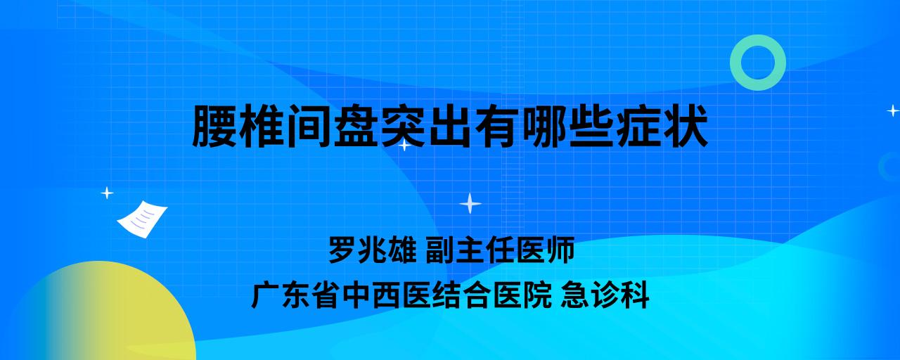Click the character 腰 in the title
pos(215,126)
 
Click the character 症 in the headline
pos(640,126)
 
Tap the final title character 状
pos(686,126)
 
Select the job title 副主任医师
pos(500,250)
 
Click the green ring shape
pos(735,63)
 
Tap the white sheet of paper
pos(142,219)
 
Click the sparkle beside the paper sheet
pos(107,193)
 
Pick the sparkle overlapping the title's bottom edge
pos(404,145)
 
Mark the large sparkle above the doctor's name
pos(470,203)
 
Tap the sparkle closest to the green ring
pos(893,110)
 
